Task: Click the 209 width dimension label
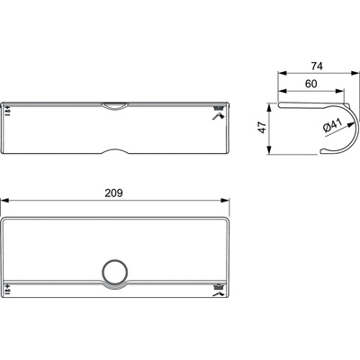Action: point(113,193)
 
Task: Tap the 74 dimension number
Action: point(317,66)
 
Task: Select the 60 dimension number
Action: point(311,84)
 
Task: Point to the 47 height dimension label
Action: point(263,128)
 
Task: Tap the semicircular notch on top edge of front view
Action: point(114,106)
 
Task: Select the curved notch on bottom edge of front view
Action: point(115,151)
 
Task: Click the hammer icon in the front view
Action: point(218,117)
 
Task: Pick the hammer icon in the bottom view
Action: point(219,293)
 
